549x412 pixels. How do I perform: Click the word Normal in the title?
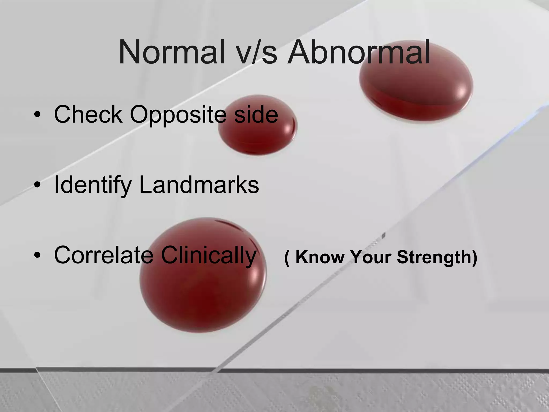pyautogui.click(x=172, y=52)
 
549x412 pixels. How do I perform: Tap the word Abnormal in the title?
pyautogui.click(x=358, y=52)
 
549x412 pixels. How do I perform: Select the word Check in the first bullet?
pyautogui.click(x=88, y=115)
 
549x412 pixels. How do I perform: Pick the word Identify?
pyautogui.click(x=93, y=186)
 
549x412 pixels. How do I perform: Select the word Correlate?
pyautogui.click(x=103, y=255)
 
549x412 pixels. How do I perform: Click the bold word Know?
pyautogui.click(x=320, y=257)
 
